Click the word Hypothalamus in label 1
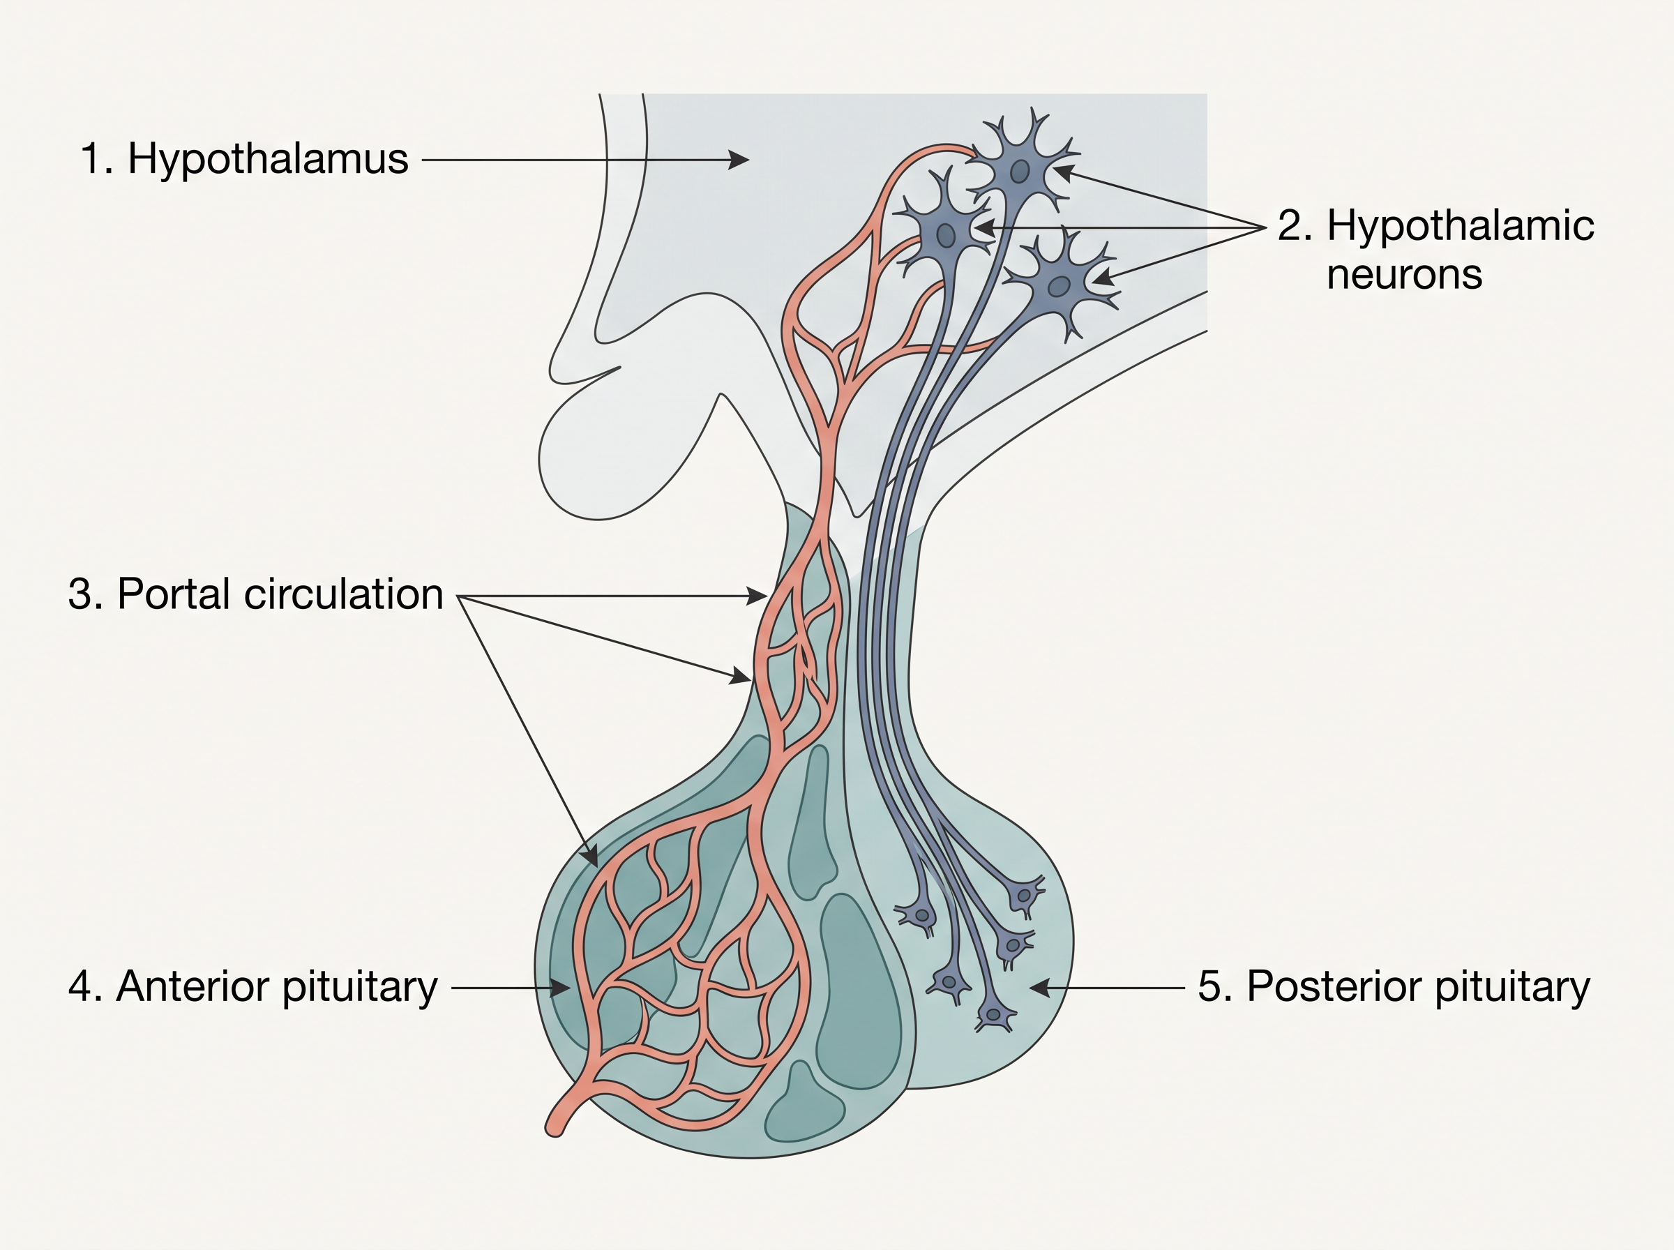(x=268, y=160)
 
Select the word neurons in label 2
(x=1404, y=274)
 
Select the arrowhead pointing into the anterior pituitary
(x=560, y=988)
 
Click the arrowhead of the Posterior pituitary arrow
(x=1040, y=988)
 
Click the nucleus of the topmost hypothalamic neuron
(x=1021, y=172)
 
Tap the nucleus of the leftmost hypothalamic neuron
(x=946, y=235)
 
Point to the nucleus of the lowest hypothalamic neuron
(x=1059, y=287)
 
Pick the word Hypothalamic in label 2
(x=1461, y=225)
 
